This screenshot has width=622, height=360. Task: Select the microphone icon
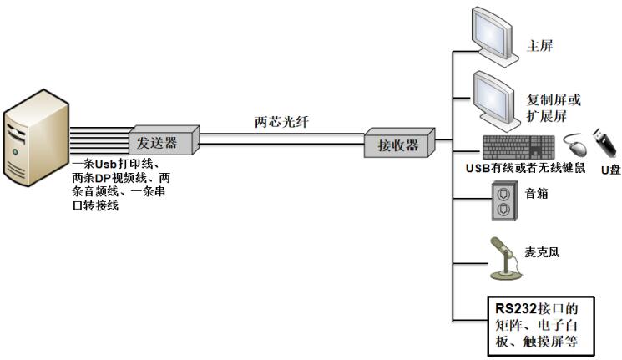[505, 260]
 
